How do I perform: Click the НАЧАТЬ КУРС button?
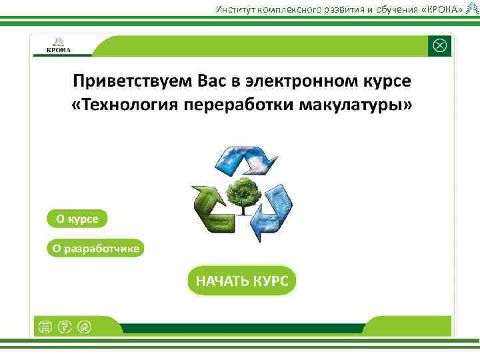pyautogui.click(x=241, y=281)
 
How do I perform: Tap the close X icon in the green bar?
pyautogui.click(x=440, y=46)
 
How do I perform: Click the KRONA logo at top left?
pyautogui.click(x=59, y=45)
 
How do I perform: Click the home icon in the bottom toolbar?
pyautogui.click(x=84, y=326)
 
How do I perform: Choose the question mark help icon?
pyautogui.click(x=65, y=326)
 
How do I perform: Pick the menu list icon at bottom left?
pyautogui.click(x=45, y=326)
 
